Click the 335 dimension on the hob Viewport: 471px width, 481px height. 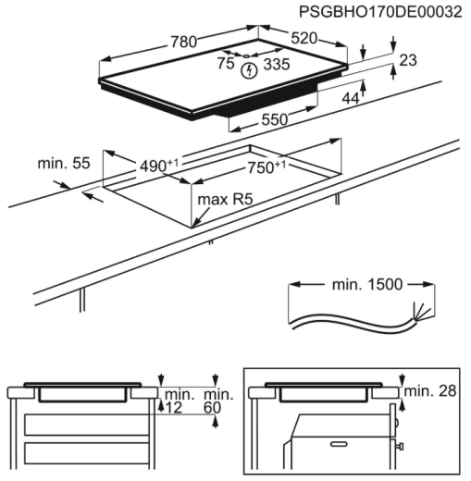click(276, 64)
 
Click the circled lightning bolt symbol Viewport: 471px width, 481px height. click(249, 68)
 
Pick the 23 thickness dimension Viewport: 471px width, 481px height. click(407, 60)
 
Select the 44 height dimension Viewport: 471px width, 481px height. click(350, 98)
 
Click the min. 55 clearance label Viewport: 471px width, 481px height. click(63, 163)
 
